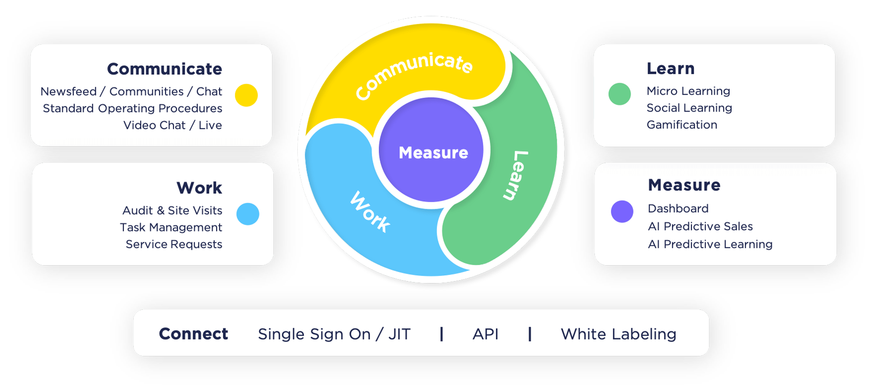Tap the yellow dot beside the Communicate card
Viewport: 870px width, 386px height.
(x=246, y=95)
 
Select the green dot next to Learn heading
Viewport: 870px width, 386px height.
(x=620, y=94)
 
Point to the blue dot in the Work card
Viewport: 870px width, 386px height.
(x=248, y=214)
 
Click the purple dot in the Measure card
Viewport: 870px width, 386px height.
(x=622, y=212)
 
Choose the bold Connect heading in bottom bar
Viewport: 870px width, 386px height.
(x=193, y=334)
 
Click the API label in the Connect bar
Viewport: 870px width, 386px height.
(x=485, y=334)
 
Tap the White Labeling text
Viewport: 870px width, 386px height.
(x=618, y=334)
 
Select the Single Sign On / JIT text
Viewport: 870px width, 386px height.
(x=334, y=334)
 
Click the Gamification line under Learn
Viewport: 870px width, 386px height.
(x=682, y=125)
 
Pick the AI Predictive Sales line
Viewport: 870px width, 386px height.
(x=700, y=226)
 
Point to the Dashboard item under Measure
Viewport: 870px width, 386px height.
(x=678, y=208)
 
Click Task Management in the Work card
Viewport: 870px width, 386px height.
(x=171, y=227)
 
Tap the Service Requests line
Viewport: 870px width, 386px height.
(x=174, y=244)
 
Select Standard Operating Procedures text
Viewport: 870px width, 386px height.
(x=133, y=108)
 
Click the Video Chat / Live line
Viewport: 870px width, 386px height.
(x=173, y=125)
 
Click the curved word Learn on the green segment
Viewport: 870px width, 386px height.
(x=516, y=175)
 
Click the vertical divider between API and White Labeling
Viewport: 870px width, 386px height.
(x=530, y=334)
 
